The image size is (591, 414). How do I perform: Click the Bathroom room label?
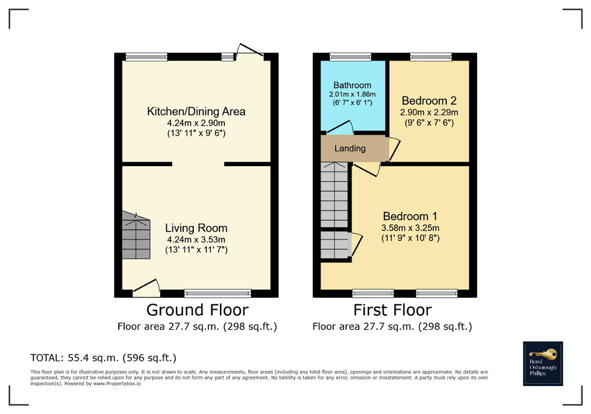pos(352,85)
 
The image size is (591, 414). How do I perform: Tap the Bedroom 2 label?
pos(429,101)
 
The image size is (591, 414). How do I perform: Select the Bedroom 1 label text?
pos(410,216)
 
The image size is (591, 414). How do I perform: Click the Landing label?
pos(350,149)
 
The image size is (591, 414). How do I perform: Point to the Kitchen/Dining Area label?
pos(196,112)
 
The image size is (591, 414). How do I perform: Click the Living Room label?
pos(196,228)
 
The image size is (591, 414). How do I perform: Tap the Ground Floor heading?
pos(197,310)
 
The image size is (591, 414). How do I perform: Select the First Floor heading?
pos(392,310)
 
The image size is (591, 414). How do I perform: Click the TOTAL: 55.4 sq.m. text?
pos(103,358)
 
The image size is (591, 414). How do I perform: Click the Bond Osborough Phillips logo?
pos(543,364)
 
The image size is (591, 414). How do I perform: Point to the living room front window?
pos(218,293)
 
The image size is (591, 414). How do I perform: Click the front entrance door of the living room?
pos(147,286)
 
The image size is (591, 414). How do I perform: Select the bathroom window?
pos(350,57)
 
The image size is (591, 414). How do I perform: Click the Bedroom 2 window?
pos(430,57)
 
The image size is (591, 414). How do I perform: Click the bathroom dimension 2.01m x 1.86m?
pos(352,95)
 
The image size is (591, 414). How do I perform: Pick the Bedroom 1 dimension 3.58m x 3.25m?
pos(410,228)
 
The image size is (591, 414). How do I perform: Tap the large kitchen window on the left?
pos(146,57)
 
